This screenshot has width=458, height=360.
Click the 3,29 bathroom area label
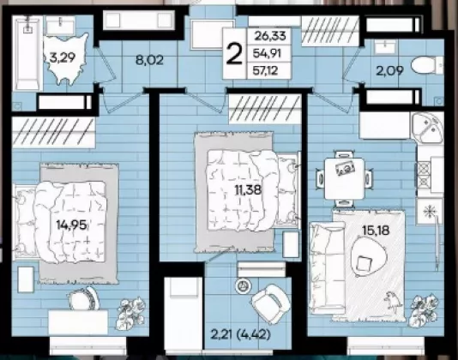pyautogui.click(x=63, y=57)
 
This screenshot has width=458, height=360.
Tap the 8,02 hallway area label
pyautogui.click(x=149, y=60)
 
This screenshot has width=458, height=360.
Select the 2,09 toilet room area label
pyautogui.click(x=389, y=70)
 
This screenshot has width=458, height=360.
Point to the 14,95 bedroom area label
pyautogui.click(x=71, y=225)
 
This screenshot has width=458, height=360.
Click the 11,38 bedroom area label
pyautogui.click(x=248, y=190)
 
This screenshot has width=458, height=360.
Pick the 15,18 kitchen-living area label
pyautogui.click(x=376, y=231)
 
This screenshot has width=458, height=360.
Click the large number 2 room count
pyautogui.click(x=234, y=54)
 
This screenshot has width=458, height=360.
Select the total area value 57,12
pyautogui.click(x=265, y=70)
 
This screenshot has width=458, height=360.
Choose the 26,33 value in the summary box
pyautogui.click(x=270, y=36)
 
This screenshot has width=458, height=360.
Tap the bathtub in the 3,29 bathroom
pyautogui.click(x=27, y=53)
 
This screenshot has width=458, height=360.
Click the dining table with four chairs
pyautogui.click(x=345, y=179)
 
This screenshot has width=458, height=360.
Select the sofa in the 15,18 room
pyautogui.click(x=327, y=268)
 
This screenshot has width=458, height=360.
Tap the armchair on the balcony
pyautogui.click(x=271, y=303)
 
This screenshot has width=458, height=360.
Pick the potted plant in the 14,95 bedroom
pyautogui.click(x=131, y=313)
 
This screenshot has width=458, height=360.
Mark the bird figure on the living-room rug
pyautogui.click(x=391, y=301)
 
